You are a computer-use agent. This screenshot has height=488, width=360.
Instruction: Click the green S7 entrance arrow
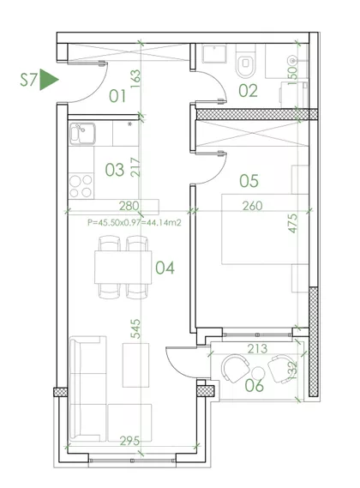[49, 80]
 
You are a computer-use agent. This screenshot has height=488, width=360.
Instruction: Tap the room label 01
[117, 96]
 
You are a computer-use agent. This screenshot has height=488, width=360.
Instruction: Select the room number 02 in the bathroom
[248, 91]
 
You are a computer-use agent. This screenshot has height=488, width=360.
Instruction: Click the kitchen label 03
[115, 170]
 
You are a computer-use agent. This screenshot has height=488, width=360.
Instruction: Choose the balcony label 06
[255, 385]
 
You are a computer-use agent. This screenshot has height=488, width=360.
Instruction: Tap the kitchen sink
[82, 134]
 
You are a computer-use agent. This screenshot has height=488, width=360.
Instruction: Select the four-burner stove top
[81, 186]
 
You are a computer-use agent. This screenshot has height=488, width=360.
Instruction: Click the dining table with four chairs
[123, 268]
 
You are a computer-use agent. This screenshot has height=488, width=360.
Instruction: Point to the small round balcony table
[258, 373]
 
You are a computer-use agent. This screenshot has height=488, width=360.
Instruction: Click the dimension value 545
[135, 328]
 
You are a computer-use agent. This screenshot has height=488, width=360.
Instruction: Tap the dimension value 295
[129, 441]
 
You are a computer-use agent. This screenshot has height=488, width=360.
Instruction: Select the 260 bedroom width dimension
[252, 206]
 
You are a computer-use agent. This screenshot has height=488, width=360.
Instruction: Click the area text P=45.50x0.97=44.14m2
[134, 222]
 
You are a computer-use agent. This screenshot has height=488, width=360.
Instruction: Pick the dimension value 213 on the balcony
[257, 348]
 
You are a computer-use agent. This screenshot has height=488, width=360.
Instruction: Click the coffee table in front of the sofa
[135, 365]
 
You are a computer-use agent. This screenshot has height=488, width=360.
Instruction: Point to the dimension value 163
[135, 78]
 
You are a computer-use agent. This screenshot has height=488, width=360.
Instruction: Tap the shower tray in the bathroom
[214, 54]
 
